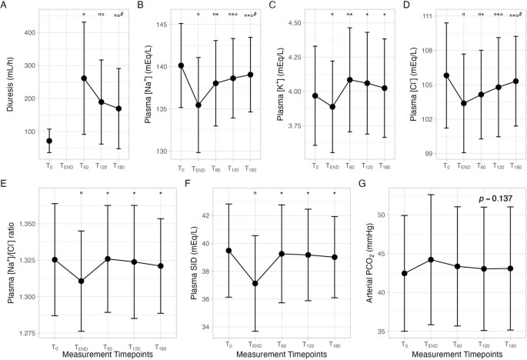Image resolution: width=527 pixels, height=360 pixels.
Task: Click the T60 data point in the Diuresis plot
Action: click(84, 78)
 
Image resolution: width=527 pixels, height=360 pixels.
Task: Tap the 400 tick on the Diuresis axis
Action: click(35, 32)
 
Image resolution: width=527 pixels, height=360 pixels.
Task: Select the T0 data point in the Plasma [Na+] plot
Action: click(181, 65)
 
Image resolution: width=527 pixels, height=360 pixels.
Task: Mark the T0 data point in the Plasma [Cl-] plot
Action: click(446, 75)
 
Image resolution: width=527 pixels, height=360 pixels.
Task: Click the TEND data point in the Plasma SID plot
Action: click(256, 283)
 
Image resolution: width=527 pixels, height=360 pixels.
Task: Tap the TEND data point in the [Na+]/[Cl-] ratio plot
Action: click(81, 281)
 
